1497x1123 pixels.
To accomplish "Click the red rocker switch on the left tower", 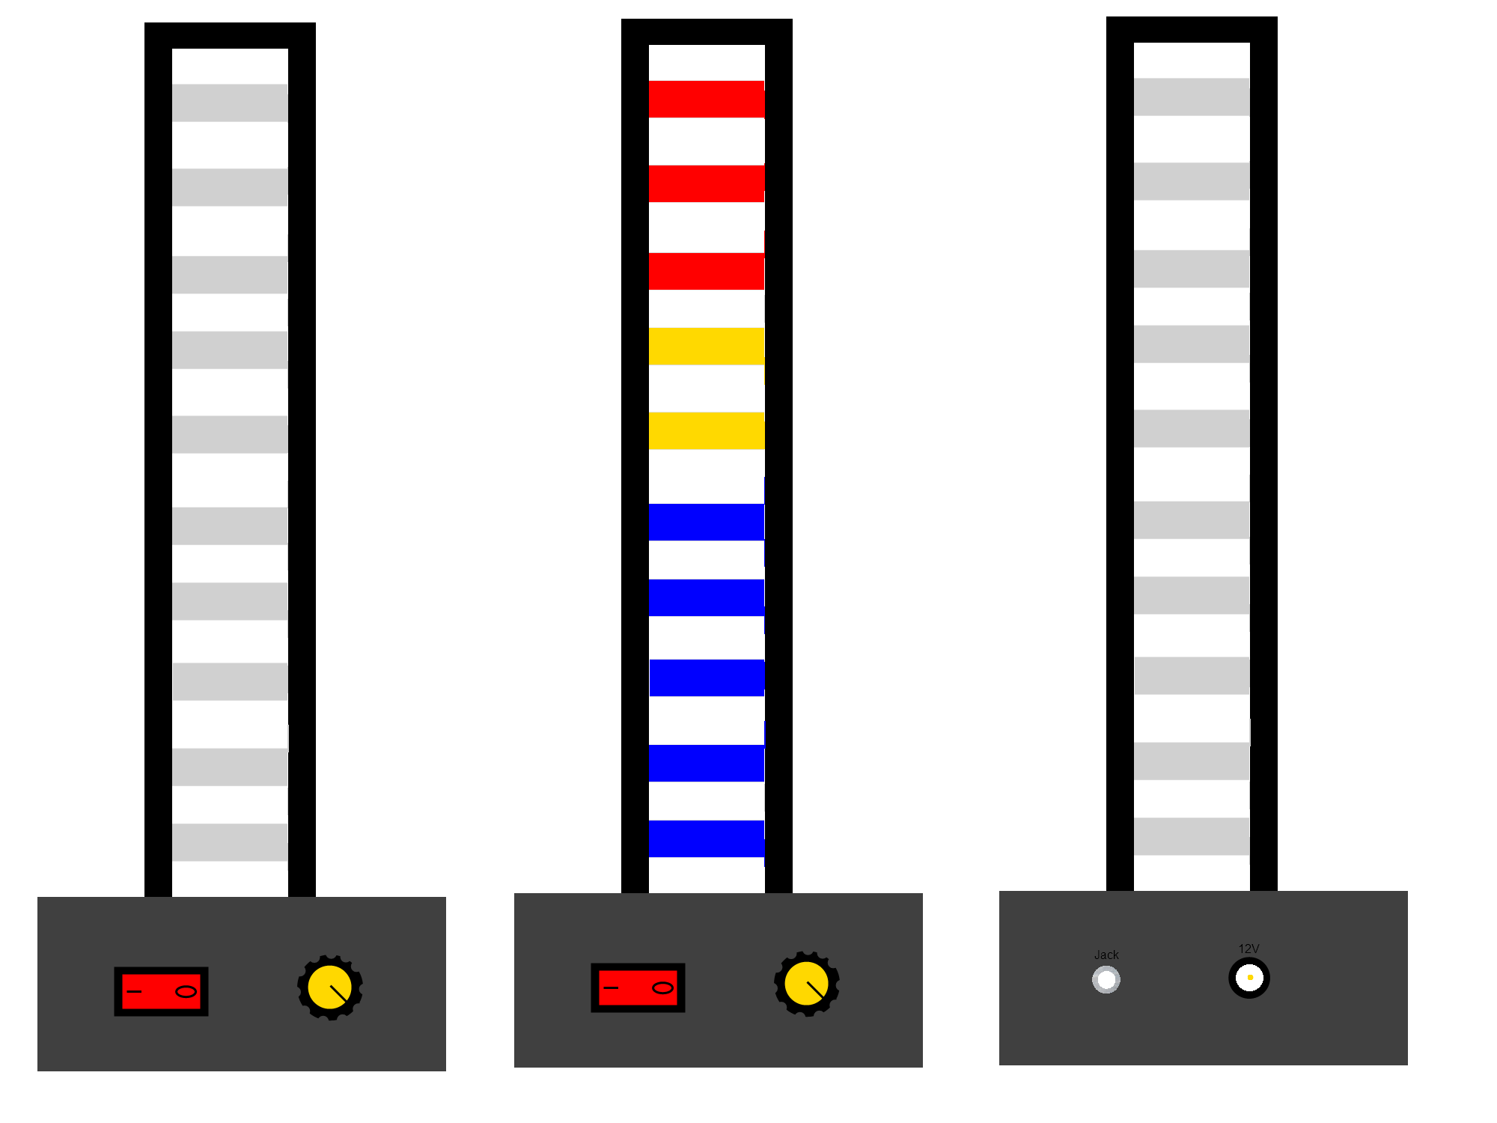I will pos(161,991).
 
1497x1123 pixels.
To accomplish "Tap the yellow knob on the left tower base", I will pos(329,987).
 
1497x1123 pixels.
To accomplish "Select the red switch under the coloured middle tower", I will pos(638,987).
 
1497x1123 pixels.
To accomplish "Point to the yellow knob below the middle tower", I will pos(806,984).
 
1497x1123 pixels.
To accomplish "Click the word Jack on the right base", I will pos(1106,955).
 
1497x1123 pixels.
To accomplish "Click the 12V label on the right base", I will pos(1248,949).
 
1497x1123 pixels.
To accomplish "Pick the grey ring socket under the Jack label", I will pos(1106,979).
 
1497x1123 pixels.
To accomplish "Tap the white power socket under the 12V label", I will pos(1249,978).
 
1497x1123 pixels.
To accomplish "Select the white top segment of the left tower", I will pos(230,64).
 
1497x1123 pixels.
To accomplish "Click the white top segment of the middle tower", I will pos(707,60).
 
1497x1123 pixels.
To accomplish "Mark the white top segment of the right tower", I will pos(1192,58).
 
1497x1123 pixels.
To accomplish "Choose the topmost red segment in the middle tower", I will pos(707,99).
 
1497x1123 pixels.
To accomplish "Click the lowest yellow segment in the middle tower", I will pos(707,430).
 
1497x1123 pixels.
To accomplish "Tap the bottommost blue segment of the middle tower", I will pos(707,843).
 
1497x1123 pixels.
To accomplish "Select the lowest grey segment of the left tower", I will pos(230,842).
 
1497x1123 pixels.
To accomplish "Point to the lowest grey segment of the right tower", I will pos(1192,836).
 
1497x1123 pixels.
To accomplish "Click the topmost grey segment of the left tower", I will pos(230,103).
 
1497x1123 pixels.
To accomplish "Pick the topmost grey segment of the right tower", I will pos(1192,97).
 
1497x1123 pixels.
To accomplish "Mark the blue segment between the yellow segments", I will pos(707,398).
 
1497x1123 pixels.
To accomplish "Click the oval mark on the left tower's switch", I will pos(186,991).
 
